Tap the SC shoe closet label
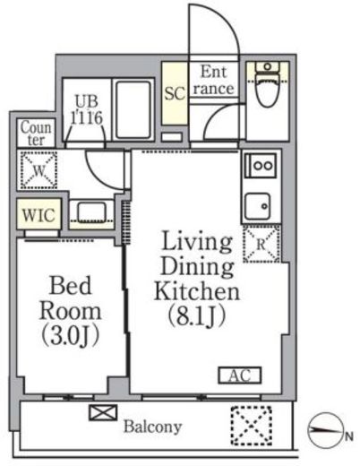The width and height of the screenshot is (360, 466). tap(175, 94)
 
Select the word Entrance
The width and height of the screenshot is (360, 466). tap(214, 81)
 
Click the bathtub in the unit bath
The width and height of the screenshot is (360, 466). tap(133, 109)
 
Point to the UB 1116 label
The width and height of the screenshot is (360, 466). tap(87, 109)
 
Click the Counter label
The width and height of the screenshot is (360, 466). tap(36, 134)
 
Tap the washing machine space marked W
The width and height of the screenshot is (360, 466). tap(39, 170)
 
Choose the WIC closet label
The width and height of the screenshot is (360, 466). tap(39, 214)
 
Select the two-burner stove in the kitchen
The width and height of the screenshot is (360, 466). tap(261, 165)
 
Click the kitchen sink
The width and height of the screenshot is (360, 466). tap(257, 206)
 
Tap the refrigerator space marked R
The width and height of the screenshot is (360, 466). tap(261, 245)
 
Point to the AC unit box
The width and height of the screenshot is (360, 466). tap(240, 375)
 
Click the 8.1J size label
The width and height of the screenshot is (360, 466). tap(196, 316)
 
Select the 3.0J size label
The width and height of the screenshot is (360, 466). tap(71, 336)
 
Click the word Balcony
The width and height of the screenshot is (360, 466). tap(152, 427)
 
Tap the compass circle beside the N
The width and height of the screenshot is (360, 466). tap(325, 430)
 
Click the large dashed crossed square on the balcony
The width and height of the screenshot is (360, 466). tap(252, 426)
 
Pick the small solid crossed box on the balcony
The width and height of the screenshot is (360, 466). tap(103, 412)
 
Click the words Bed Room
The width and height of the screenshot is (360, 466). tap(71, 298)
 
